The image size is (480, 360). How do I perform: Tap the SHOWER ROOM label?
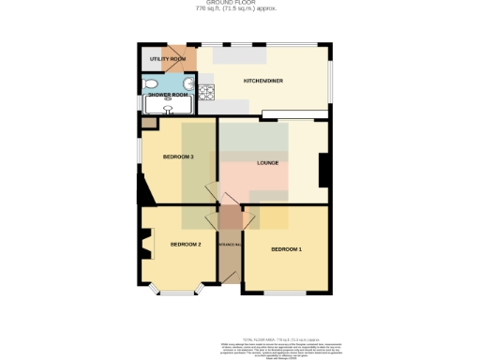(163, 95)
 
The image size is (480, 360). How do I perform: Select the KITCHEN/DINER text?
(263, 81)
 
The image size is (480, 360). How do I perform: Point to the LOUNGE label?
(268, 163)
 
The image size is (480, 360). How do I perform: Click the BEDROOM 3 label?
(178, 157)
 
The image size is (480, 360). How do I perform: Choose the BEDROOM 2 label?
(186, 245)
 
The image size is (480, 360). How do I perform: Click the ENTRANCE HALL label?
(230, 246)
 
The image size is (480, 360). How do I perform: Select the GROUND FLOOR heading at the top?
(239, 4)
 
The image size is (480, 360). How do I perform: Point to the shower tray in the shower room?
(155, 106)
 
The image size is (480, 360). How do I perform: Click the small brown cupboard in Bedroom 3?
(148, 123)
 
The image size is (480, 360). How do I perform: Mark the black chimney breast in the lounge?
(323, 170)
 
